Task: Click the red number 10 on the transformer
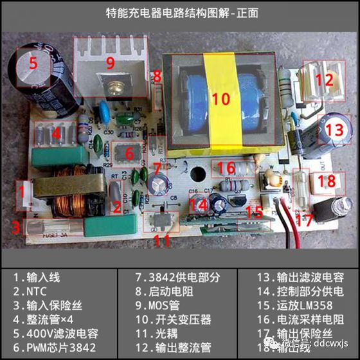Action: pyautogui.click(x=221, y=98)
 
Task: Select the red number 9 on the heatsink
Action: pyautogui.click(x=110, y=63)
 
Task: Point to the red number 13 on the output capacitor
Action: pyautogui.click(x=334, y=129)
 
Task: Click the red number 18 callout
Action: pyautogui.click(x=327, y=181)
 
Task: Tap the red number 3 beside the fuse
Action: pyautogui.click(x=15, y=226)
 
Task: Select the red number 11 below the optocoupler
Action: pyautogui.click(x=163, y=241)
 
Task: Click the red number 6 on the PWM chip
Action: pyautogui.click(x=129, y=154)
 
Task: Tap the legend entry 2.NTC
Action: pyautogui.click(x=32, y=291)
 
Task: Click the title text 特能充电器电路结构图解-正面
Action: pyautogui.click(x=179, y=12)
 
